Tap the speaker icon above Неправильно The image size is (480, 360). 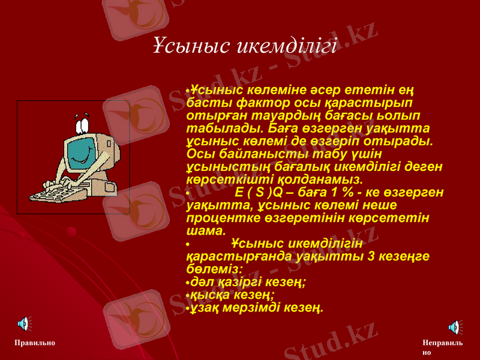point(454,326)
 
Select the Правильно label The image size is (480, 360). point(35,343)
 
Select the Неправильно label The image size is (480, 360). point(442,347)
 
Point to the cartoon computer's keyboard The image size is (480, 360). point(54,193)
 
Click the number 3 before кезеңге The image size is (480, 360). point(372,256)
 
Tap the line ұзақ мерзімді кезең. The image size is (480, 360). point(257,308)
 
